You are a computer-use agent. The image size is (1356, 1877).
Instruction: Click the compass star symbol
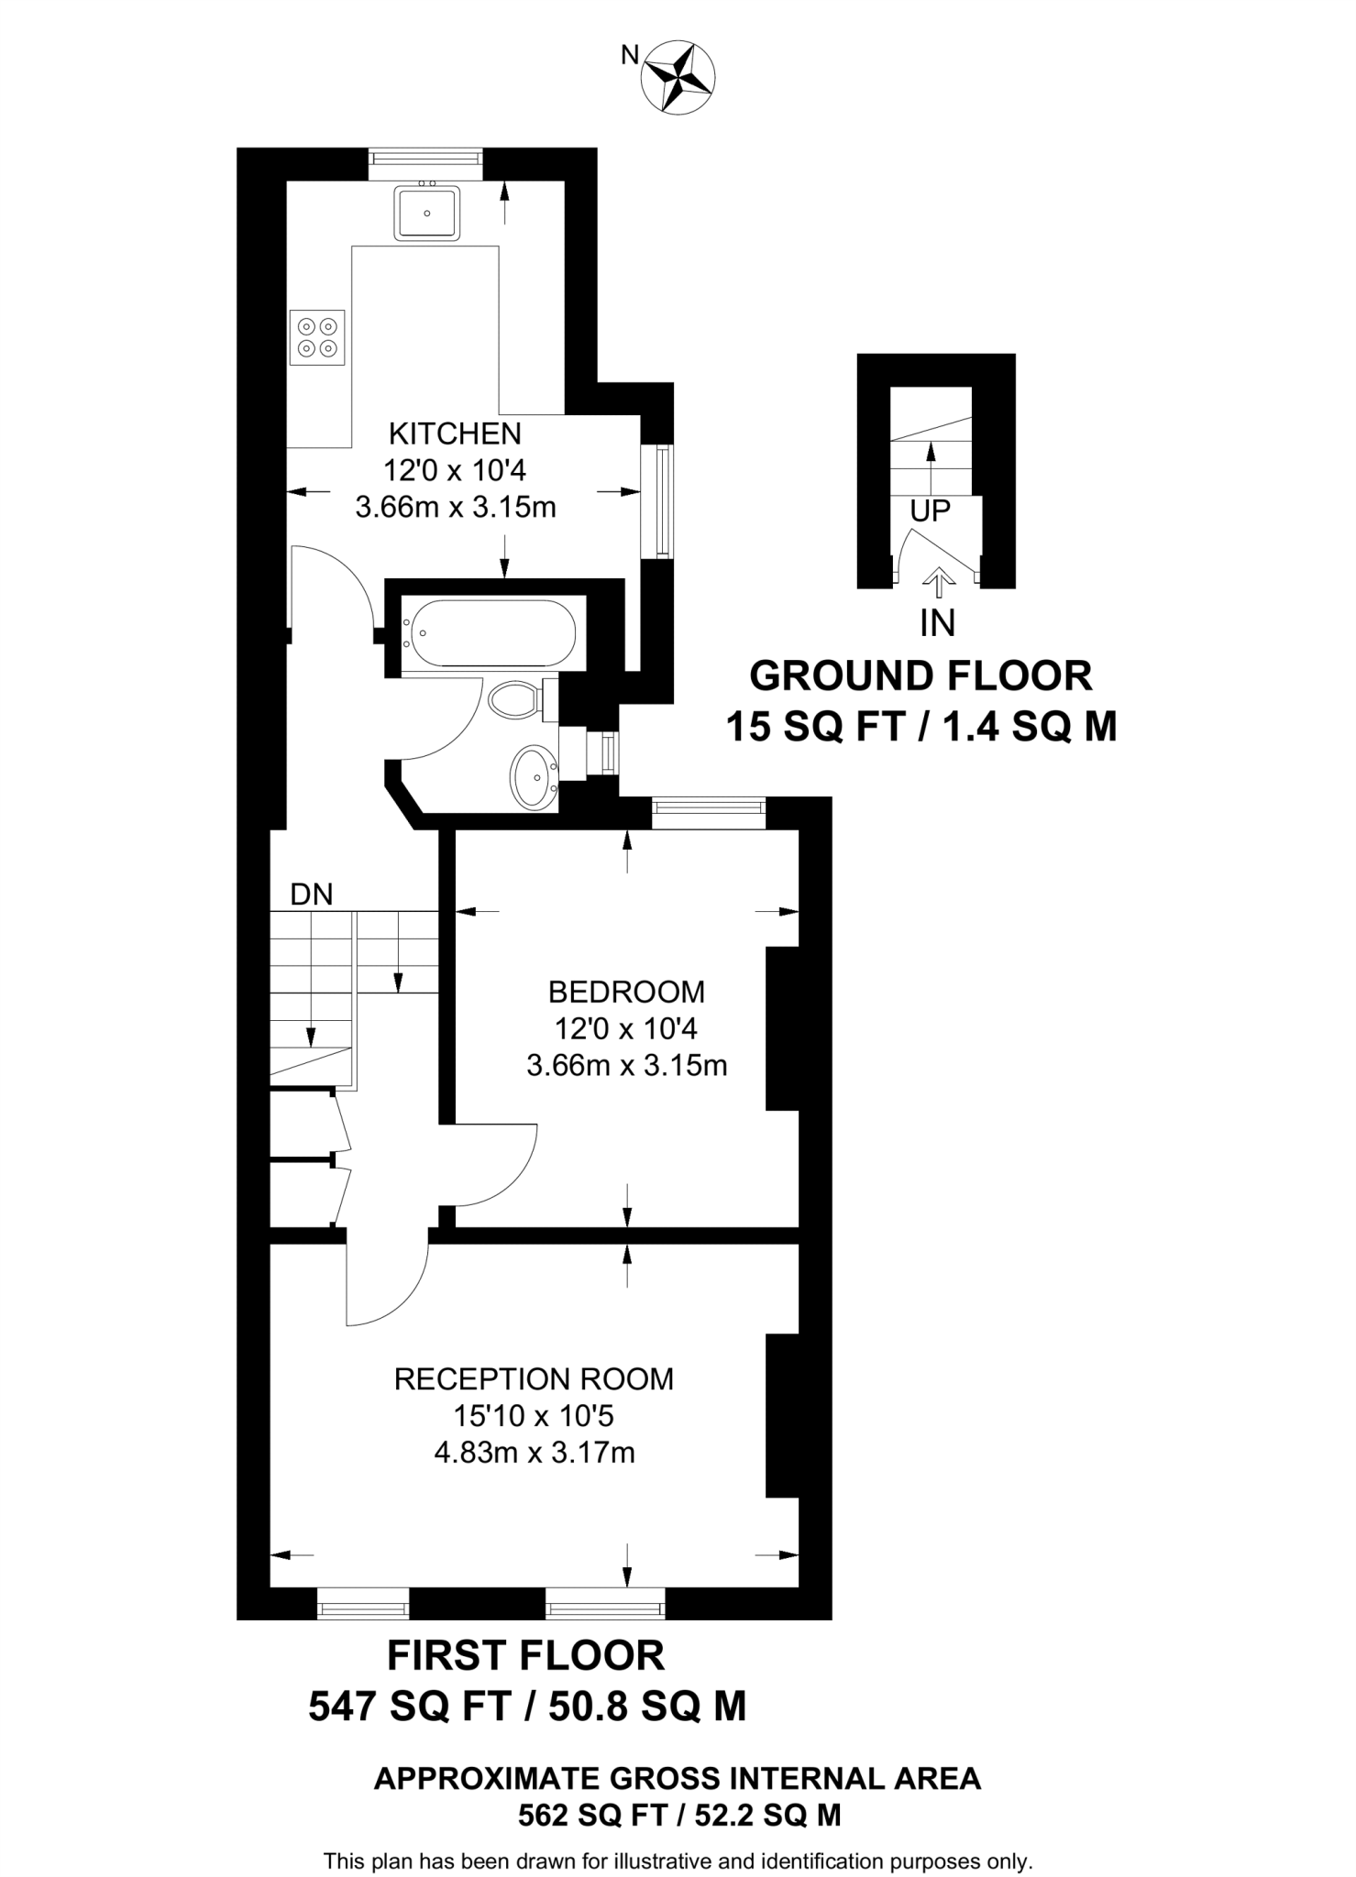pos(679,77)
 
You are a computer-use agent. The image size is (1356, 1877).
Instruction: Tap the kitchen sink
pos(426,213)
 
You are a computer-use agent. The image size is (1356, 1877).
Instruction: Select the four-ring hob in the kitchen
pos(317,337)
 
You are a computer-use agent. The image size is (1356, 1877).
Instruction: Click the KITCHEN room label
pos(455,433)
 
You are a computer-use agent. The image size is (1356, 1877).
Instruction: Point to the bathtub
pos(491,632)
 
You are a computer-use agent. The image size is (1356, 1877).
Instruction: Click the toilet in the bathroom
pos(517,701)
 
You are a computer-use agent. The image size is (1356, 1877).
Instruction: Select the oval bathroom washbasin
pos(534,777)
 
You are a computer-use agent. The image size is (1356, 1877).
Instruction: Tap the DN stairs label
pos(311,895)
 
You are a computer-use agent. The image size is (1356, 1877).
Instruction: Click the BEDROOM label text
pos(626,992)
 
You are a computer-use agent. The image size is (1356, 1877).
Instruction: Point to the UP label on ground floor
pos(930,511)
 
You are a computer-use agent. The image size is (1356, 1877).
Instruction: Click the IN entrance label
pos(937,623)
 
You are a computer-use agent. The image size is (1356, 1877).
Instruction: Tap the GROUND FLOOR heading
pos(921,676)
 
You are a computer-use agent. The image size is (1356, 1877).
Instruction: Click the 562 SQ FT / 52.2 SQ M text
pos(678,1815)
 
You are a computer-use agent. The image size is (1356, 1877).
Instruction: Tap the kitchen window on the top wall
pos(425,162)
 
